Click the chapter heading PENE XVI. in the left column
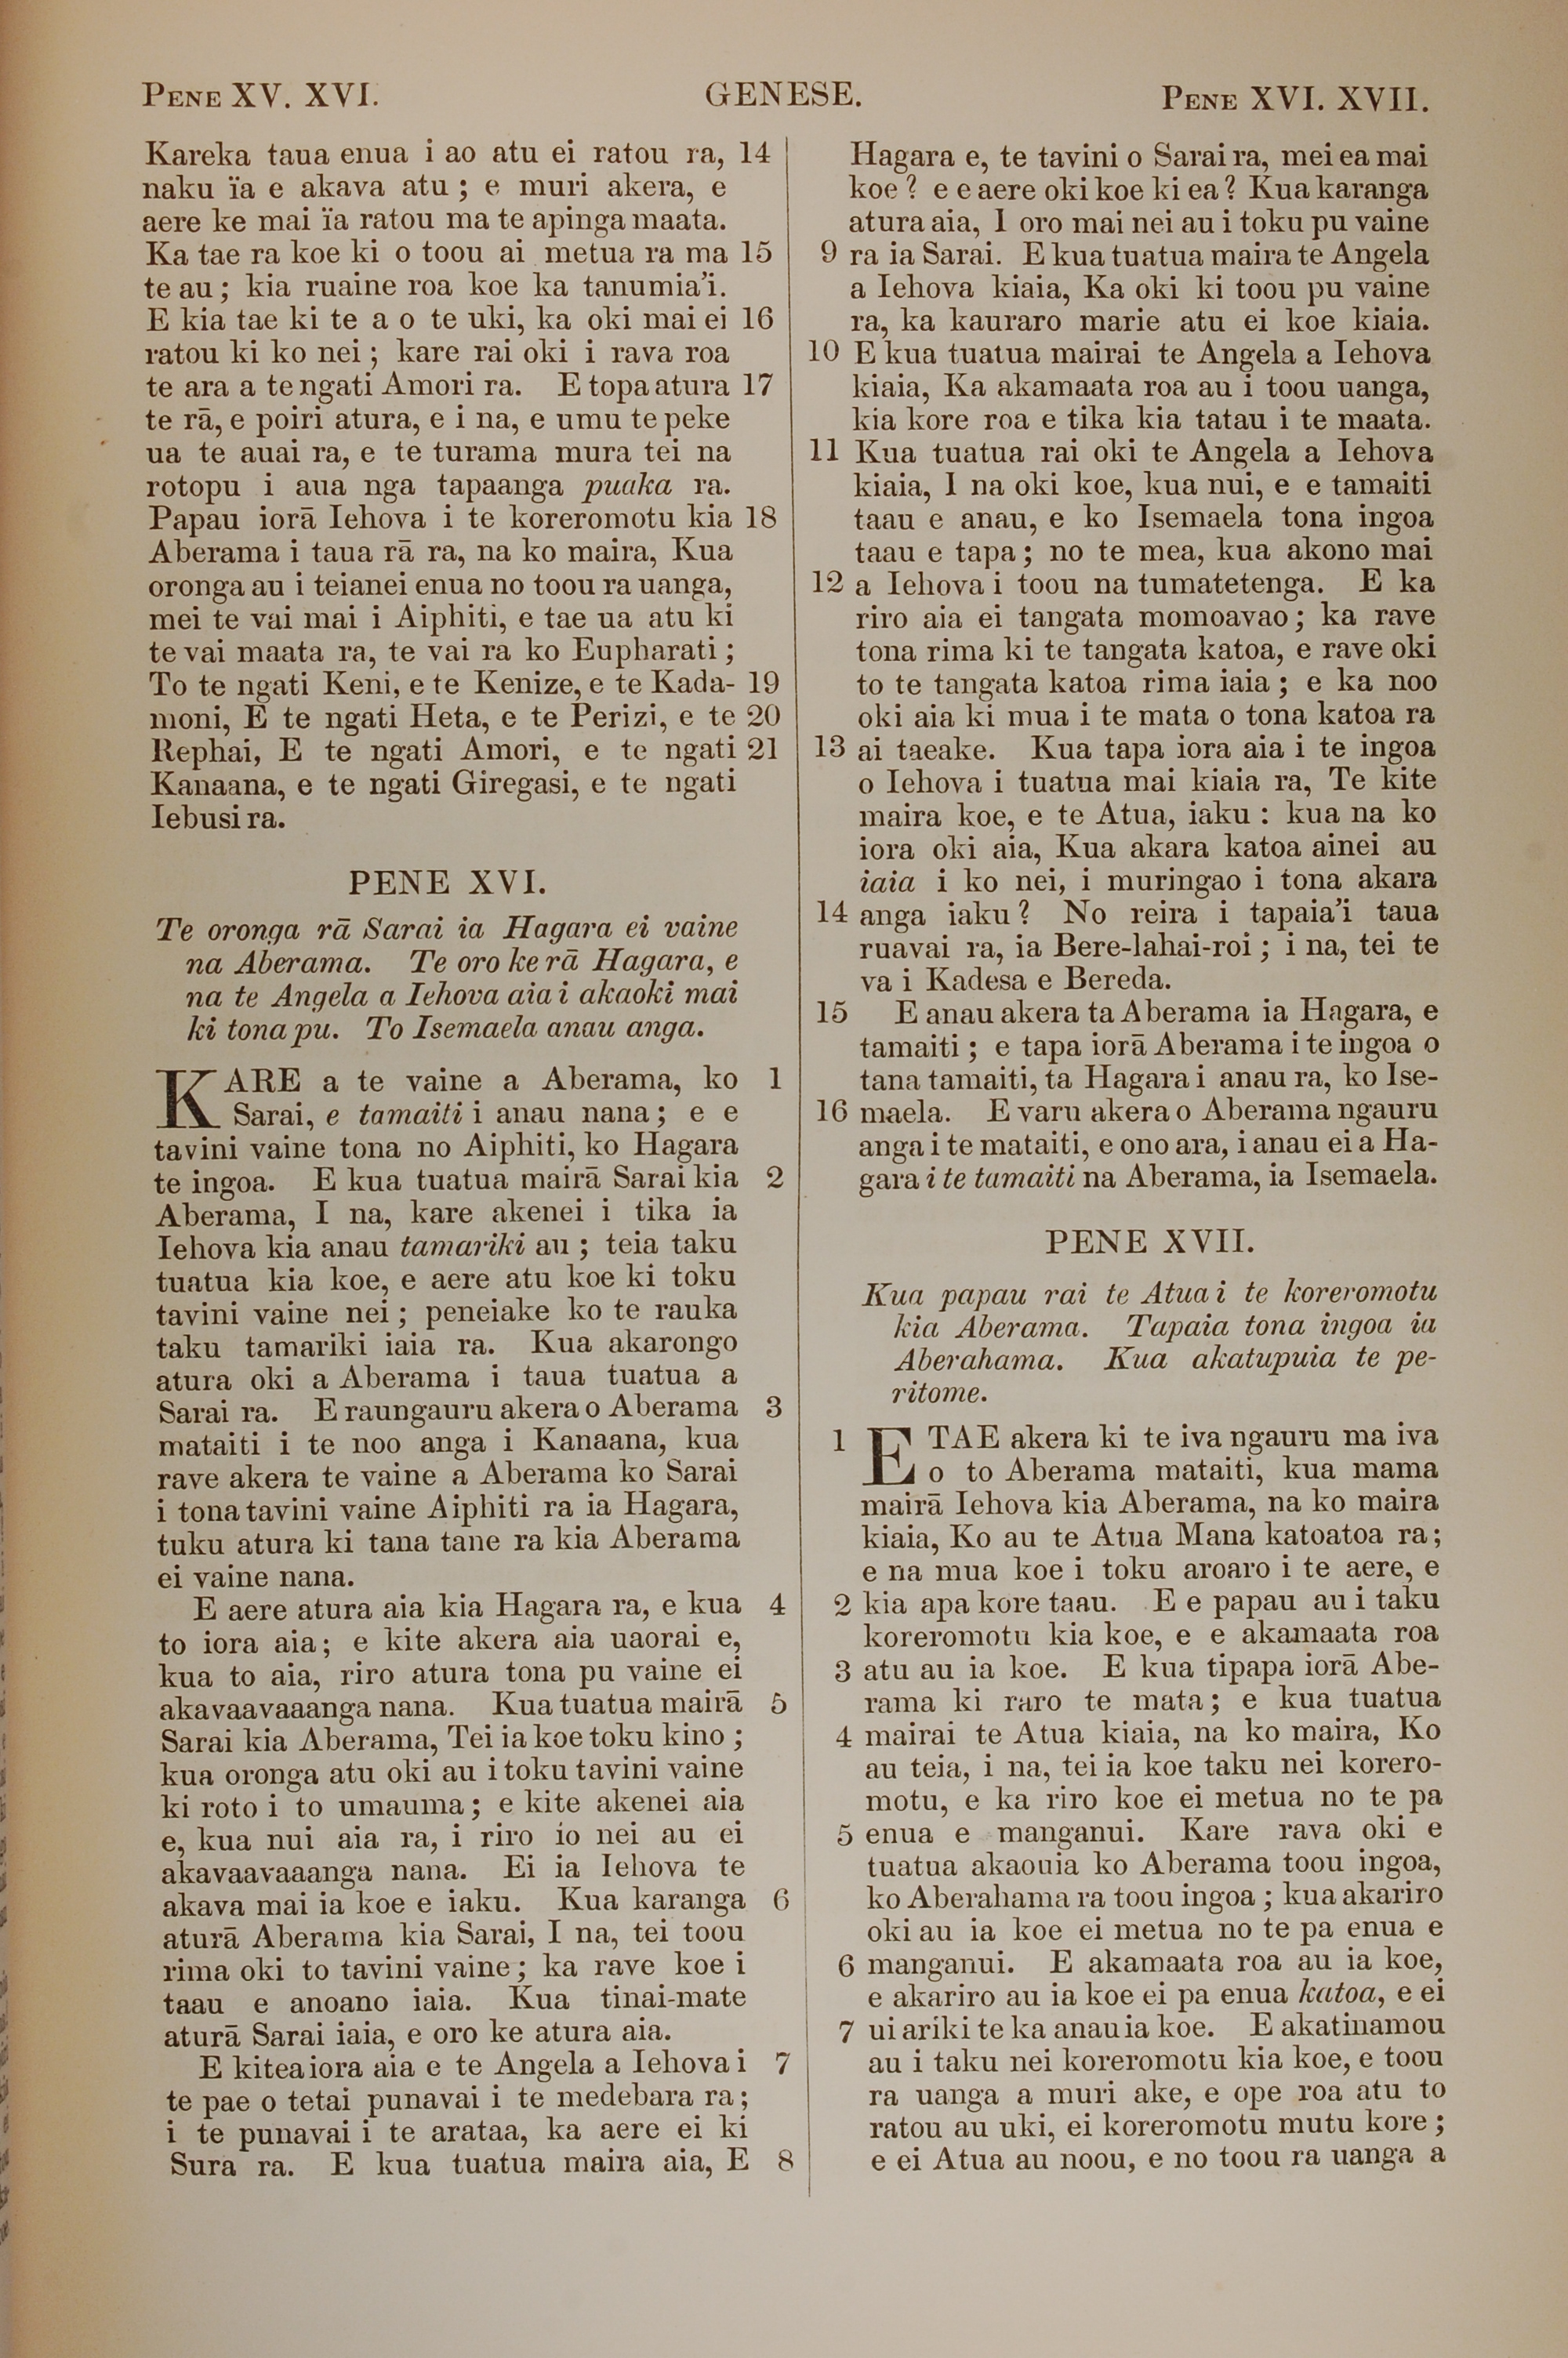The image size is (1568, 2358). tap(447, 882)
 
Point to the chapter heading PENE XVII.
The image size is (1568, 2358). tap(1148, 1242)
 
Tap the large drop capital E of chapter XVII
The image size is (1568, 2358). tap(892, 1457)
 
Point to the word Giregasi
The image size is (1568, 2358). tap(515, 782)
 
